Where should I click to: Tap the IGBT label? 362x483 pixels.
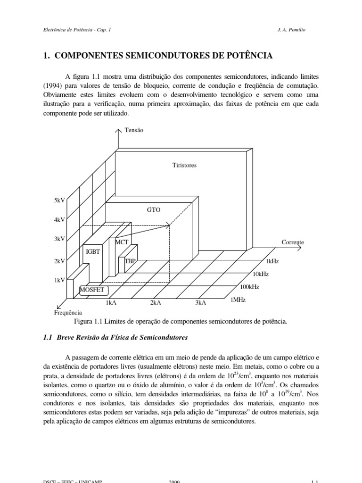(x=92, y=251)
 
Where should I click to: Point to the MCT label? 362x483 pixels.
(x=122, y=242)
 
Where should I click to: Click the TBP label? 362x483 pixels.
(x=130, y=260)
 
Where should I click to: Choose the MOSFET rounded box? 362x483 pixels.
(x=92, y=290)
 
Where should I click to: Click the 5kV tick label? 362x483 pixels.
(x=59, y=200)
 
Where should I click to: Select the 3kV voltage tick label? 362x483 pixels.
(x=59, y=239)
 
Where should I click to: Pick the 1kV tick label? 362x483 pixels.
(x=59, y=280)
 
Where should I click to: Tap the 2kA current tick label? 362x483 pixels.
(x=156, y=302)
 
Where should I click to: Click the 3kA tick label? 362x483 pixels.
(x=200, y=302)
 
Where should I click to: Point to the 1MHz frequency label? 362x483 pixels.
(x=238, y=299)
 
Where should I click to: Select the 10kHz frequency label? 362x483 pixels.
(x=261, y=274)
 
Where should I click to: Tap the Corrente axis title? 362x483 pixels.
(x=293, y=242)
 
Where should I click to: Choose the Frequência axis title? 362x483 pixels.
(x=68, y=312)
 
